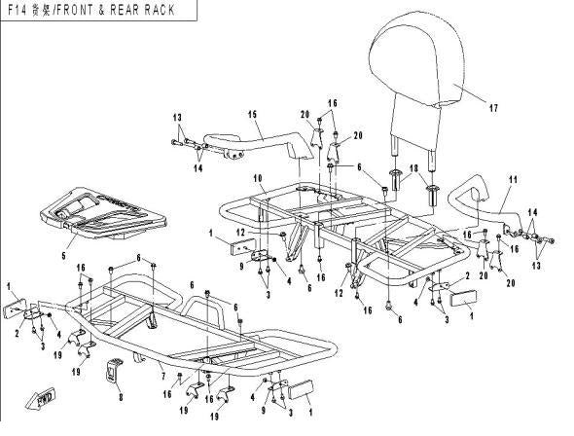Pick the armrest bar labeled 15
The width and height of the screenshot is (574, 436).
(x=257, y=142)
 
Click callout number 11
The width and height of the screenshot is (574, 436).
(x=514, y=179)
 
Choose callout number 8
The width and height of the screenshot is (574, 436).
(x=120, y=398)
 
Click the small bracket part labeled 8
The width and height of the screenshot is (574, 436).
(x=114, y=371)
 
